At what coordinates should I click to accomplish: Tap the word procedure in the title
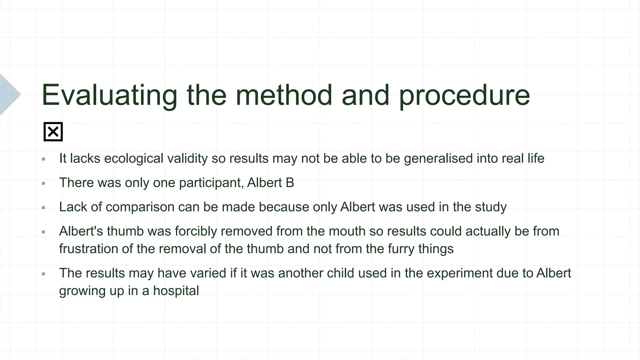tap(464, 95)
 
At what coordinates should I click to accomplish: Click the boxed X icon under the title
tap(53, 132)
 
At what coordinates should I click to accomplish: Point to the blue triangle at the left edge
tap(9, 94)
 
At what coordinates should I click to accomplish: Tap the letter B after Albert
tap(290, 183)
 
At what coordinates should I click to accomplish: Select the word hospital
tap(176, 291)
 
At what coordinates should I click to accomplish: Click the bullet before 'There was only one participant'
tap(43, 183)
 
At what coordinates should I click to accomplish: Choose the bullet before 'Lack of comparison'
tap(43, 207)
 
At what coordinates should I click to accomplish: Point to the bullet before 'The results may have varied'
tap(43, 274)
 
